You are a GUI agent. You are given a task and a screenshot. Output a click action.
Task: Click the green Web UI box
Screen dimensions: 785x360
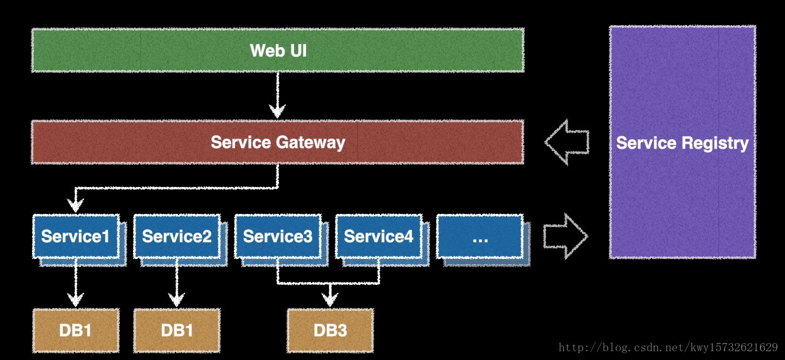(x=278, y=50)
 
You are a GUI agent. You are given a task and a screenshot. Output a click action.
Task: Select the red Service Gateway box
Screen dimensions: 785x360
(x=278, y=142)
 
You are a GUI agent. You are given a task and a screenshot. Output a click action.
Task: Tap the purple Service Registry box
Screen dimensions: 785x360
(x=682, y=142)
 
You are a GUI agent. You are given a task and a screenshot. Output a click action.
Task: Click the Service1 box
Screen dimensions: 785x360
(x=76, y=236)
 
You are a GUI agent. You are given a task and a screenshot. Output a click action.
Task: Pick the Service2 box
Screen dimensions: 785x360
(x=177, y=236)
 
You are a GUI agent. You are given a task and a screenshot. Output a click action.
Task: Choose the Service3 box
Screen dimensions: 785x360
(x=278, y=236)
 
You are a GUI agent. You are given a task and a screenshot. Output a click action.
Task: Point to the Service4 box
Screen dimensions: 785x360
(x=379, y=236)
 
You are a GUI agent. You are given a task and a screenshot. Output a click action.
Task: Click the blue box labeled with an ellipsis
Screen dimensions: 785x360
(x=480, y=236)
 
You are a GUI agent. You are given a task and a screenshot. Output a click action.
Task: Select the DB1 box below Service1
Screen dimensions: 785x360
(x=76, y=330)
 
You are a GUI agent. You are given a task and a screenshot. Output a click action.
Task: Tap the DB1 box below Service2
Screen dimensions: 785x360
(x=177, y=330)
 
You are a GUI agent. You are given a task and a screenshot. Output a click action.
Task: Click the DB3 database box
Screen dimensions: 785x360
(x=330, y=330)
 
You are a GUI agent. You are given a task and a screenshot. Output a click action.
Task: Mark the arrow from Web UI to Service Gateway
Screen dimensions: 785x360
(x=278, y=95)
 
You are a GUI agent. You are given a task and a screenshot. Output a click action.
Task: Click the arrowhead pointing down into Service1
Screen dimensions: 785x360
(x=75, y=204)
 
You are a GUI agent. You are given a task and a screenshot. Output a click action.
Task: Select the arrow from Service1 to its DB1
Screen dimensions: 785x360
(x=75, y=282)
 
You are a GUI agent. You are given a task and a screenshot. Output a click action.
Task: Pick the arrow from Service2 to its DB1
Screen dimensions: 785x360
(x=176, y=282)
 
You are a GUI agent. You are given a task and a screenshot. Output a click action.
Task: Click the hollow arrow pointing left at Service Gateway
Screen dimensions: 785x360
(x=567, y=142)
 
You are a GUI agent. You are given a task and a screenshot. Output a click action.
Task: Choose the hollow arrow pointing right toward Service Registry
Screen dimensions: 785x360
(x=566, y=236)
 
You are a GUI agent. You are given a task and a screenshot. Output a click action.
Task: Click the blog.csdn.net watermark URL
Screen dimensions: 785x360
(x=668, y=347)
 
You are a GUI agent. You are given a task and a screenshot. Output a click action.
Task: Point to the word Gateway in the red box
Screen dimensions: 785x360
(x=310, y=142)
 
